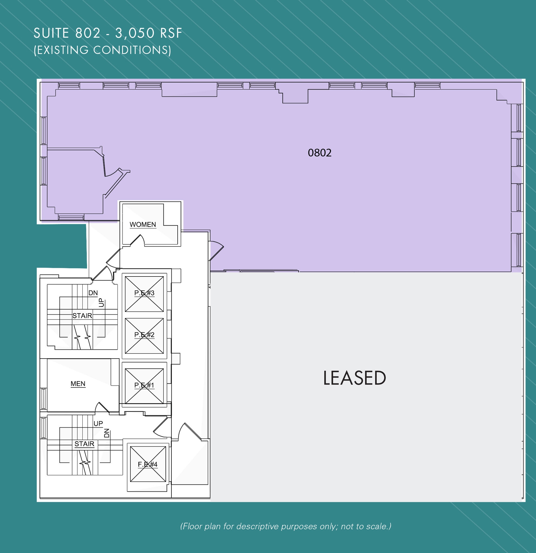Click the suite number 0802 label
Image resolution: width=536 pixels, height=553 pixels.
click(x=319, y=153)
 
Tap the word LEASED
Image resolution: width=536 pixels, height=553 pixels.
click(x=354, y=378)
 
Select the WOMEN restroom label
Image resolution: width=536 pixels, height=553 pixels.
click(x=143, y=225)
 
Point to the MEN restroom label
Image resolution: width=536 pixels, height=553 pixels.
click(x=78, y=384)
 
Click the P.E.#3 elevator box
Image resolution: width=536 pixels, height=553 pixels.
click(x=144, y=294)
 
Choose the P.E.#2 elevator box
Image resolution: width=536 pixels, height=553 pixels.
click(x=144, y=336)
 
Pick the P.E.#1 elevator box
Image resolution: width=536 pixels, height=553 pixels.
click(x=144, y=386)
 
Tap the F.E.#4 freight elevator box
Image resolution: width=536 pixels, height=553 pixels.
click(x=147, y=464)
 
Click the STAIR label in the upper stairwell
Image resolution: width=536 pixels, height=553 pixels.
click(x=82, y=316)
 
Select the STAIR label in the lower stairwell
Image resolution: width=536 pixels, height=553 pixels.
click(x=84, y=444)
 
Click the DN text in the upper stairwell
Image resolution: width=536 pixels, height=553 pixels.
click(x=93, y=293)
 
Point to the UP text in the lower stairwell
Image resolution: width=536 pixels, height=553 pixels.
click(x=98, y=423)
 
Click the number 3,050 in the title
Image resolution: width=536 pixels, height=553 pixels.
click(x=134, y=33)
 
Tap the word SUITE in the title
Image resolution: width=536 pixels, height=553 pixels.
click(x=51, y=33)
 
